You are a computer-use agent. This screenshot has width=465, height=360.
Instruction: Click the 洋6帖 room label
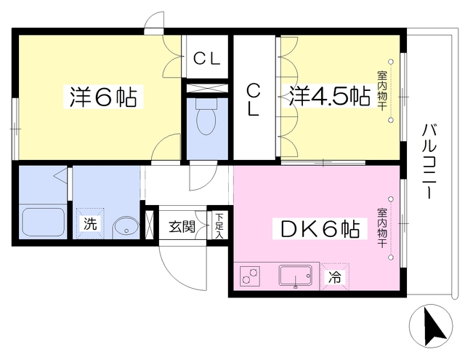point(103,97)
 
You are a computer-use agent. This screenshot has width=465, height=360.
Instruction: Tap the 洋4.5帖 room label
point(330,96)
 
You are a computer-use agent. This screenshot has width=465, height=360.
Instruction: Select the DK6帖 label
point(320,229)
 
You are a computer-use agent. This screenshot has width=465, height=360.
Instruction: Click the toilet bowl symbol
point(206,116)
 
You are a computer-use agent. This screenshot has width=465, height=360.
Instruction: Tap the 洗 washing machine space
point(90,223)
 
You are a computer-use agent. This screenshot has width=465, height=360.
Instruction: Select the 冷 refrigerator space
point(334,277)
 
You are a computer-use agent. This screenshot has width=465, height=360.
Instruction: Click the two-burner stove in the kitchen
point(250,276)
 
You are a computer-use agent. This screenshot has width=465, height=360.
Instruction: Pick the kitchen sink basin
point(296,276)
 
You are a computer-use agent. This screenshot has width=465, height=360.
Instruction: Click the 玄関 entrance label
point(182,227)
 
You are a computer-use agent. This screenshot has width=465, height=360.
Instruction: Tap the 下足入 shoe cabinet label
point(219,226)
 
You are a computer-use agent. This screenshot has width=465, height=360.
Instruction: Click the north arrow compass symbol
point(431,326)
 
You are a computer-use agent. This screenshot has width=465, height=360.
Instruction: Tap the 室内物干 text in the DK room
point(382,228)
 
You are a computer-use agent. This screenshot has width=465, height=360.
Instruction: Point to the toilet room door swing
point(203,176)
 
